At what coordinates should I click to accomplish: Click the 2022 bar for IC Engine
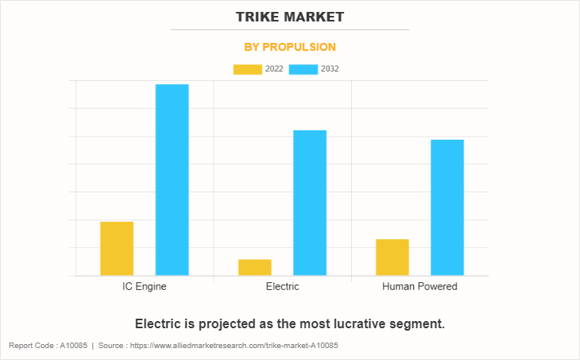coord(117,249)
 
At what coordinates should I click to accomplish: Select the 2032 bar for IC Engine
coord(172,180)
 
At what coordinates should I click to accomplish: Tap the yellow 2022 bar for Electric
coord(254,267)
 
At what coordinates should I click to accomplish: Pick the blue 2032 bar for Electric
coord(310,203)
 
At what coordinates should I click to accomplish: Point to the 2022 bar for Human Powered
coord(392,257)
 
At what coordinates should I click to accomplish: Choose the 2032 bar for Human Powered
coord(447,207)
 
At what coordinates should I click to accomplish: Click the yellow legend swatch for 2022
coord(247,69)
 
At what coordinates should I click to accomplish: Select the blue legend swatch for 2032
coord(304,69)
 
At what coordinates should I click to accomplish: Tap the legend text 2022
coord(274,69)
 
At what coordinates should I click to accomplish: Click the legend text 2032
coord(331,69)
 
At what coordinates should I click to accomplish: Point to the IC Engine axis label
coord(145,286)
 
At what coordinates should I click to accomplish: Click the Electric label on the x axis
coord(282,286)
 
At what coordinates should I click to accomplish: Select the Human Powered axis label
coord(420,286)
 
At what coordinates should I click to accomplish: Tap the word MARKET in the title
coord(316,16)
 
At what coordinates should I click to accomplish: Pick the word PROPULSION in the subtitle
coord(302,47)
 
